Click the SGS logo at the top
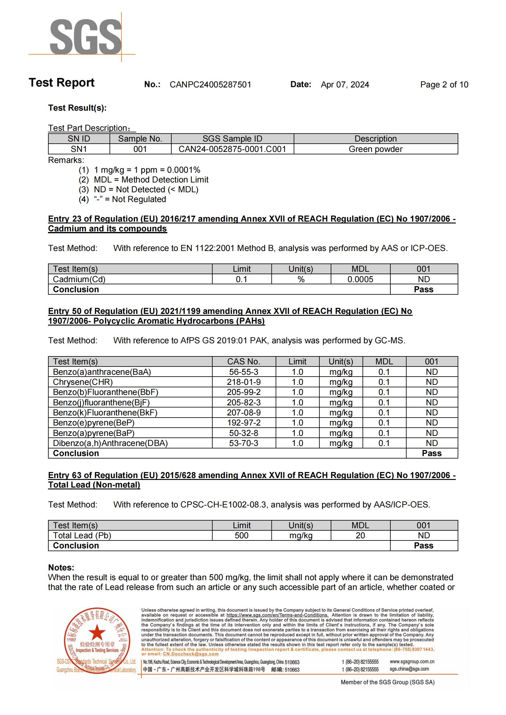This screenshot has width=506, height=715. coord(86,37)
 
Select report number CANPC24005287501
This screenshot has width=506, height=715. coord(210,85)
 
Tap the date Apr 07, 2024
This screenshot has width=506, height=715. coord(345,85)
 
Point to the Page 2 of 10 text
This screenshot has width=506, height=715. coord(444,85)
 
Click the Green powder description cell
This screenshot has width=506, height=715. coord(375,149)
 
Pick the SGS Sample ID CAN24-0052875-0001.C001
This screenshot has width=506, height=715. coord(232,149)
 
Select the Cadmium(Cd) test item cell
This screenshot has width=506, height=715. coord(79,279)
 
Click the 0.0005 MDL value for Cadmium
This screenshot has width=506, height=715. coord(360,279)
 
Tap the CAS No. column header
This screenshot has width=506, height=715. coord(244,362)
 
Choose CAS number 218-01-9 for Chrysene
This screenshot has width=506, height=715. coord(244,382)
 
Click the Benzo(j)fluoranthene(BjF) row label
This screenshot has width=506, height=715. coord(101,403)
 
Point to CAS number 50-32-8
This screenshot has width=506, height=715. coord(244,433)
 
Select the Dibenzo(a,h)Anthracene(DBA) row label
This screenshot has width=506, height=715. coord(110,443)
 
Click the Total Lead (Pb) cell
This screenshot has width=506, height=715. coord(82,536)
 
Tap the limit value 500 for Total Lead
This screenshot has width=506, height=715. coord(241,536)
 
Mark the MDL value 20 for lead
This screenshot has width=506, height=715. coord(360,536)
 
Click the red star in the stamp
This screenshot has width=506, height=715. coord(97,632)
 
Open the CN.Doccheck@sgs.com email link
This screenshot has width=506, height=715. coord(191,654)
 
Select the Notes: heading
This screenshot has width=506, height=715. coord(61,568)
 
